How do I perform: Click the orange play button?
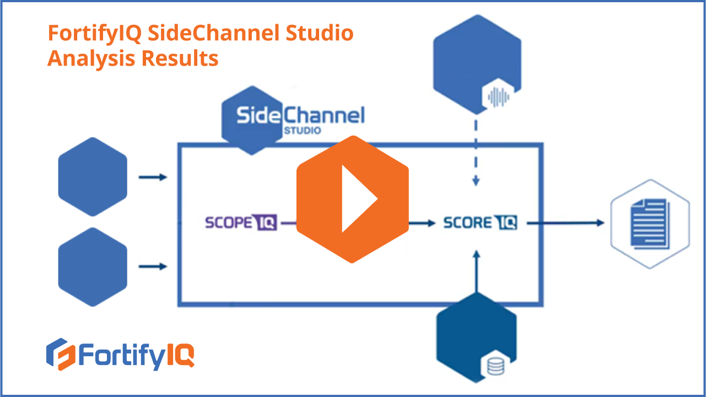(352, 199)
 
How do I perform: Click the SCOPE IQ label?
(240, 223)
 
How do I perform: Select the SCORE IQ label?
(480, 223)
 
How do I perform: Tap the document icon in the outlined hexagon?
(650, 223)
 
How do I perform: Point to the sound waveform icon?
(499, 97)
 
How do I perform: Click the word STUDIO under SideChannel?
(303, 131)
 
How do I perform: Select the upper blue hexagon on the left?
(93, 176)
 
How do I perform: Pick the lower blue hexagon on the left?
(93, 267)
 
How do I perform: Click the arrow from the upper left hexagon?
(152, 178)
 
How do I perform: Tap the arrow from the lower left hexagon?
(152, 267)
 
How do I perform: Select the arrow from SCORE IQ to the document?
(565, 223)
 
